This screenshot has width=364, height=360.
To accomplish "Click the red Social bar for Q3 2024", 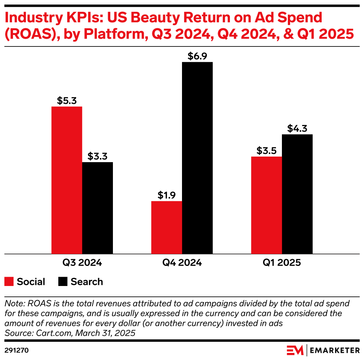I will tap(67, 180).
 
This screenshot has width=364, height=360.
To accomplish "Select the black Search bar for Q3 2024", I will tap(97, 208).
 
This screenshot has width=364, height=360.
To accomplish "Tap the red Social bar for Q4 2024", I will tap(166, 228).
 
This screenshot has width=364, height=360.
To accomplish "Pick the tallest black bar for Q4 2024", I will tap(197, 158).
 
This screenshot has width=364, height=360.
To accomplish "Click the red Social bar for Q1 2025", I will tap(266, 205).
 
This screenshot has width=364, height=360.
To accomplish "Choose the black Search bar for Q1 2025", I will tap(297, 194).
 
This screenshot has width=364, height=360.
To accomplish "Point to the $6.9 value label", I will tap(197, 57).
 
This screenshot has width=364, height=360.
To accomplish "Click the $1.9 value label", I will tap(166, 195).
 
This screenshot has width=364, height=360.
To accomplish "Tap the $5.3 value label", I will tap(67, 101).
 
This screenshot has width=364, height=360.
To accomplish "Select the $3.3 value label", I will tap(97, 156).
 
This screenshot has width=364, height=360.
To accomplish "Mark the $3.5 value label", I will tap(266, 151).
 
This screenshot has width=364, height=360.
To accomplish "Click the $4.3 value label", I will tap(297, 129).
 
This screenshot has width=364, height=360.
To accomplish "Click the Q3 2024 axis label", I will tap(82, 263).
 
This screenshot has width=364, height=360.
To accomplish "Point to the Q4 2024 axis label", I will tap(182, 263).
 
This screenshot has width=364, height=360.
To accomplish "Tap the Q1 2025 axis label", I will tap(282, 263).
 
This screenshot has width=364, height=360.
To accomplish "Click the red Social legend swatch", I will tap(9, 282).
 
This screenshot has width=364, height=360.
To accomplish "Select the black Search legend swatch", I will tap(63, 282).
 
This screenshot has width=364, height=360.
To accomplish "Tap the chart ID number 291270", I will tap(17, 350).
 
